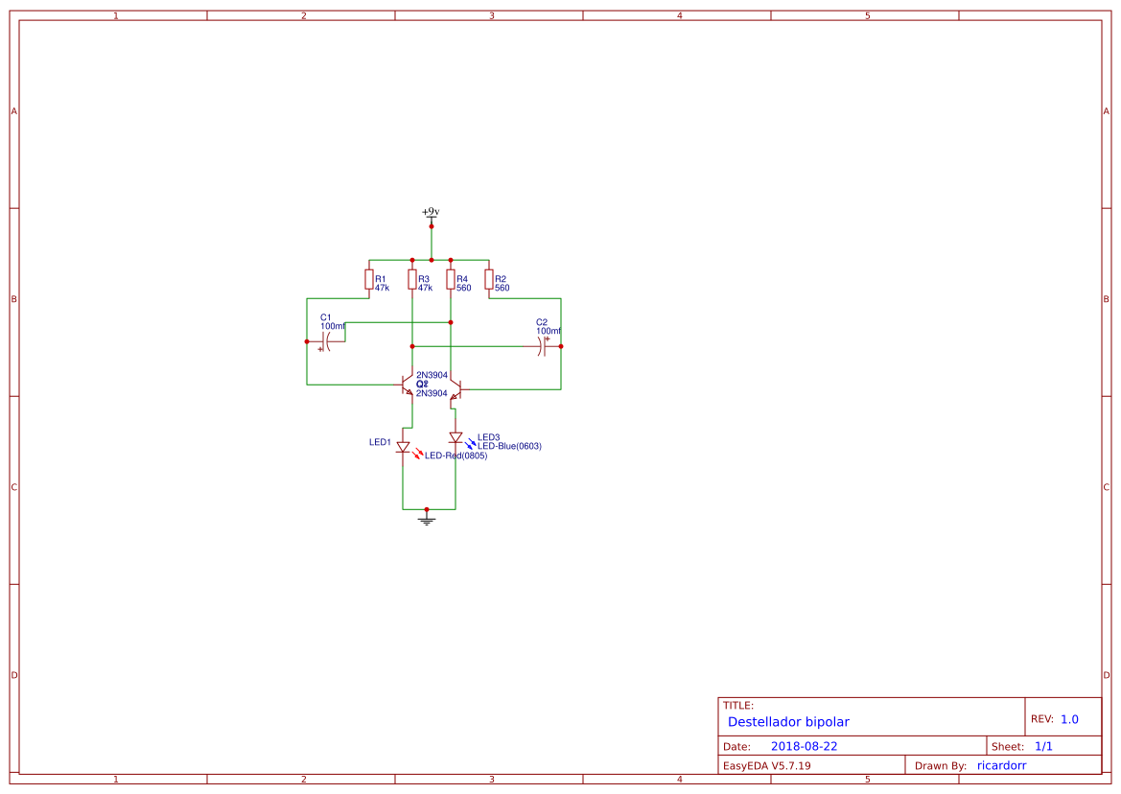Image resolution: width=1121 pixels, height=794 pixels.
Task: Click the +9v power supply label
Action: pos(431,211)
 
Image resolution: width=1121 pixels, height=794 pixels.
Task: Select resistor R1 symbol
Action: pos(369,279)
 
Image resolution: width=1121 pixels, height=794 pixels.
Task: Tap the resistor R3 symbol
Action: pos(412,279)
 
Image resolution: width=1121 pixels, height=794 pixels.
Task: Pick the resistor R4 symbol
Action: pos(451,279)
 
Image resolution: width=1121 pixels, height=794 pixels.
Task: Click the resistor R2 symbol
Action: pos(489,279)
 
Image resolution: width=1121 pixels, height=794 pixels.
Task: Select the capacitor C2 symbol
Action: pos(544,346)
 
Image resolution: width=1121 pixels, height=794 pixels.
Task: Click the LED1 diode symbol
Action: pos(403,447)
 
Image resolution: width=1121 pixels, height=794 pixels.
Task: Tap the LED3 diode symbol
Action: pos(455,438)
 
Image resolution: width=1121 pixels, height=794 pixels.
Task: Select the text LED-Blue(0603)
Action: pos(510,446)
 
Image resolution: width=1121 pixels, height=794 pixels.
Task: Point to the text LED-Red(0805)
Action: pos(456,456)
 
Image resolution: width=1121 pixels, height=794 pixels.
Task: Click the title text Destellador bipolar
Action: pos(788,722)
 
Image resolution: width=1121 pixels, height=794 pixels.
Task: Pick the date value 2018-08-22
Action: pos(804,746)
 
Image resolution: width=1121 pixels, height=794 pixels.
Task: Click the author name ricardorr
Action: pos(1002,765)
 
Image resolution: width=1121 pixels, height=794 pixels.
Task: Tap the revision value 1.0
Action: pos(1069,719)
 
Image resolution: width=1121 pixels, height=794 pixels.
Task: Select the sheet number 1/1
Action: pos(1044,746)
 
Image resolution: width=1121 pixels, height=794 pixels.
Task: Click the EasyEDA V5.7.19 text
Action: pos(766,765)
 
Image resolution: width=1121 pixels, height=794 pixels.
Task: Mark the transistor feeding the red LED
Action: pos(408,385)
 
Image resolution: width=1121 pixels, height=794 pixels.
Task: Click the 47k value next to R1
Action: pos(382,288)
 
